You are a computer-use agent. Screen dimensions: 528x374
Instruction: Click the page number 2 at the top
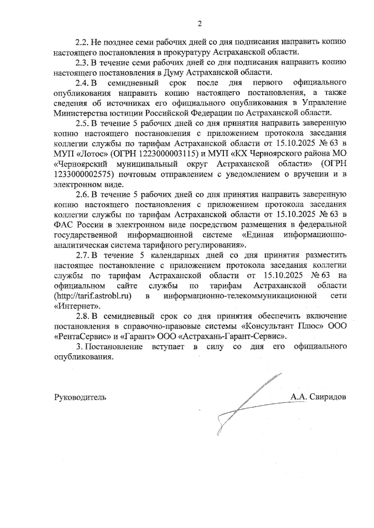coord(200,24)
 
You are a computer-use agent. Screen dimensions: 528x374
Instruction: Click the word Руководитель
coord(80,397)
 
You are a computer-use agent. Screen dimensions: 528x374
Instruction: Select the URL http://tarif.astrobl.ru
coord(92,295)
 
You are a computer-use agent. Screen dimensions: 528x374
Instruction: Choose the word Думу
coord(174,73)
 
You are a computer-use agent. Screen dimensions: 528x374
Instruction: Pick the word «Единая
coord(258,234)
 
